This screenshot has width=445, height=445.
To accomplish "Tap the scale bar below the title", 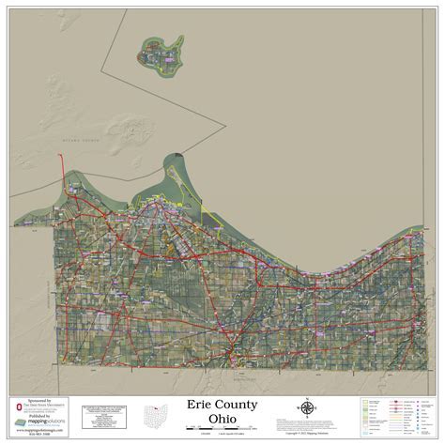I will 222,429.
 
